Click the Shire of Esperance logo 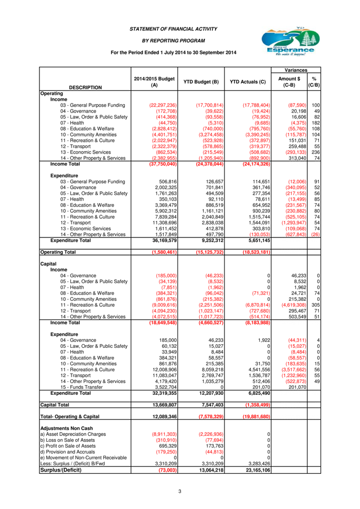point(291,42)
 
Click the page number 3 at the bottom point(180,491)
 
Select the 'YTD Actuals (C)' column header point(247,82)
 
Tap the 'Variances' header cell point(295,70)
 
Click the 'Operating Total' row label point(58,252)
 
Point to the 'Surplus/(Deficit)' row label point(61,470)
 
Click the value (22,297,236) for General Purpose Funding point(163,105)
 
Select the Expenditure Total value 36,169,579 point(165,241)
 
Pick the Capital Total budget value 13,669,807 point(165,405)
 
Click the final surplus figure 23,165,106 point(258,470)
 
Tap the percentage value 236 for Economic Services point(316,152)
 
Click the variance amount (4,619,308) point(294,305)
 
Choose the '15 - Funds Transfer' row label point(82,387)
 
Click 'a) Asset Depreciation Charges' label point(73,434)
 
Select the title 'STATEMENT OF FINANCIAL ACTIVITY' point(173,29)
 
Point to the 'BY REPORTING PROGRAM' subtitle point(173,41)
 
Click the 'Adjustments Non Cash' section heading point(67,428)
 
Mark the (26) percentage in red point(316,234)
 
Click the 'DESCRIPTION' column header point(85,88)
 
